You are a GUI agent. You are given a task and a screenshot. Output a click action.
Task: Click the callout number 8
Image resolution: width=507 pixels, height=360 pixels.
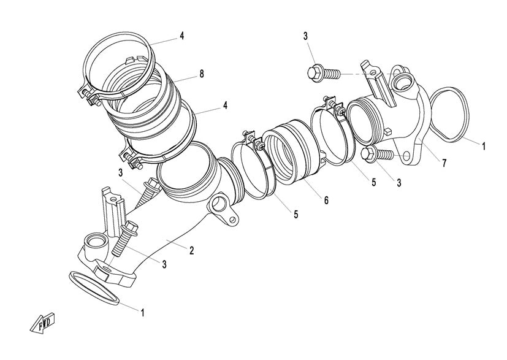pos(201,74)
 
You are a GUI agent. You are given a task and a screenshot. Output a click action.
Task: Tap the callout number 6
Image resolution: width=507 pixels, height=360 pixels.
pos(327,201)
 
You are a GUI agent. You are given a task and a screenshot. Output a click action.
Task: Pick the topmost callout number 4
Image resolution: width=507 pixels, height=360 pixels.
pos(182,36)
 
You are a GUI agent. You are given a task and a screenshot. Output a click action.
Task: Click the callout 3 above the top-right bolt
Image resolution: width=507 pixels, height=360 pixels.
pos(306,37)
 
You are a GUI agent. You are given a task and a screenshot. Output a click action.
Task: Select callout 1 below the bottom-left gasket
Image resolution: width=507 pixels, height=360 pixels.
pos(143,312)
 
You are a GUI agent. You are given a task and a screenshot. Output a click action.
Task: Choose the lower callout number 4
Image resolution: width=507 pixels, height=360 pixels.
pos(226,105)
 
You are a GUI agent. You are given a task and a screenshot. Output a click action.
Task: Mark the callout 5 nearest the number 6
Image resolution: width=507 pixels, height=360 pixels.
pos(296,215)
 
